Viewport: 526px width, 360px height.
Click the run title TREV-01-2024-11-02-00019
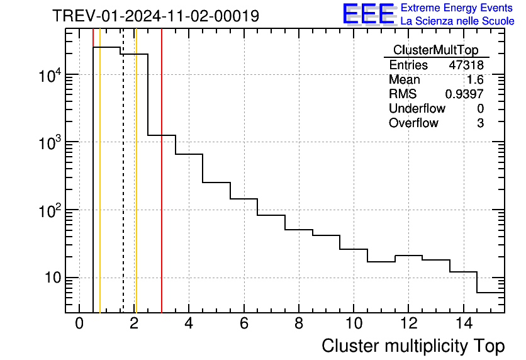coord(155,16)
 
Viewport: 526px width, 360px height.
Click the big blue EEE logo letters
coord(369,14)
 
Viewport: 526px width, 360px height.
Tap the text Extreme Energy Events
coord(457,8)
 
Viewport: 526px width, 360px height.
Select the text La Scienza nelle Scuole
coord(457,21)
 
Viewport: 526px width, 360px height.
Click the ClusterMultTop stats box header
coord(435,50)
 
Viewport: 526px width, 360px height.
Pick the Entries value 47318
coord(466,65)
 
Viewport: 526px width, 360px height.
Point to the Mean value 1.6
coord(475,80)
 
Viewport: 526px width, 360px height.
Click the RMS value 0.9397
coord(464,94)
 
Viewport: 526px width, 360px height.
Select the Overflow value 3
coord(480,123)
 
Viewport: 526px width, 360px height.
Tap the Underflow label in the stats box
coord(417,109)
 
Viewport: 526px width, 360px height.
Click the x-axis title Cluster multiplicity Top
coord(413,346)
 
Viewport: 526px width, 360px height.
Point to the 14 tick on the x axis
coord(462,324)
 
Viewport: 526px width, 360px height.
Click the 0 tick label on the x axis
coord(79,324)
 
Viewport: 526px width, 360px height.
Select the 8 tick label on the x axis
coord(298,324)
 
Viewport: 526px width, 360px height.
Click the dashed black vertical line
coord(123,189)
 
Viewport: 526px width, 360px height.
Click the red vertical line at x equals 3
coord(162,189)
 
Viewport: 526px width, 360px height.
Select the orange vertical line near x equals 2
coord(136,189)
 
